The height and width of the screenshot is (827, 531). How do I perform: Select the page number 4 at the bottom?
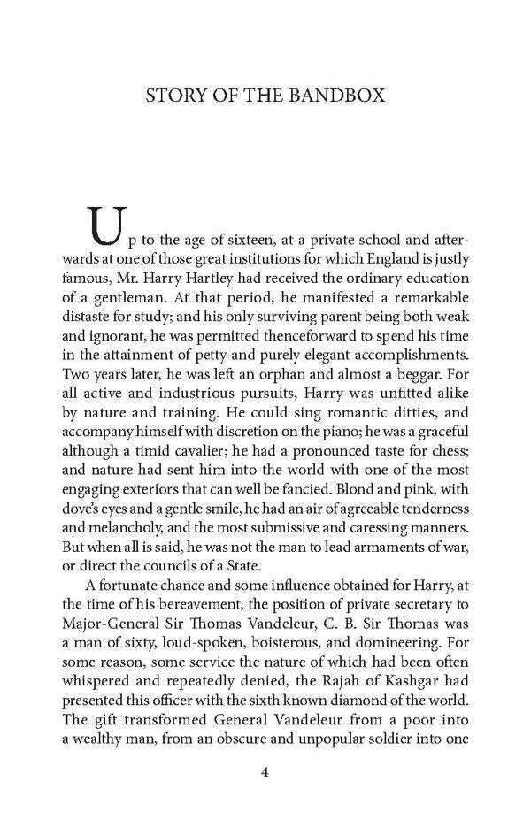point(265,772)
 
